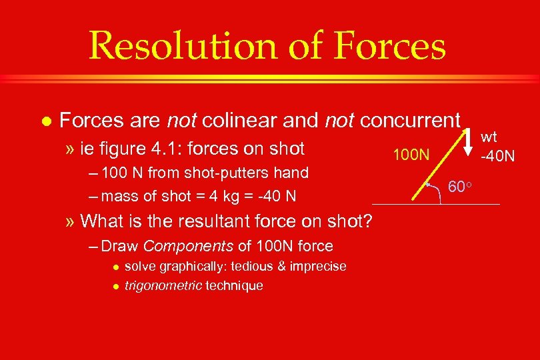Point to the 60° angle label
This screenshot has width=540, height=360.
point(459,187)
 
